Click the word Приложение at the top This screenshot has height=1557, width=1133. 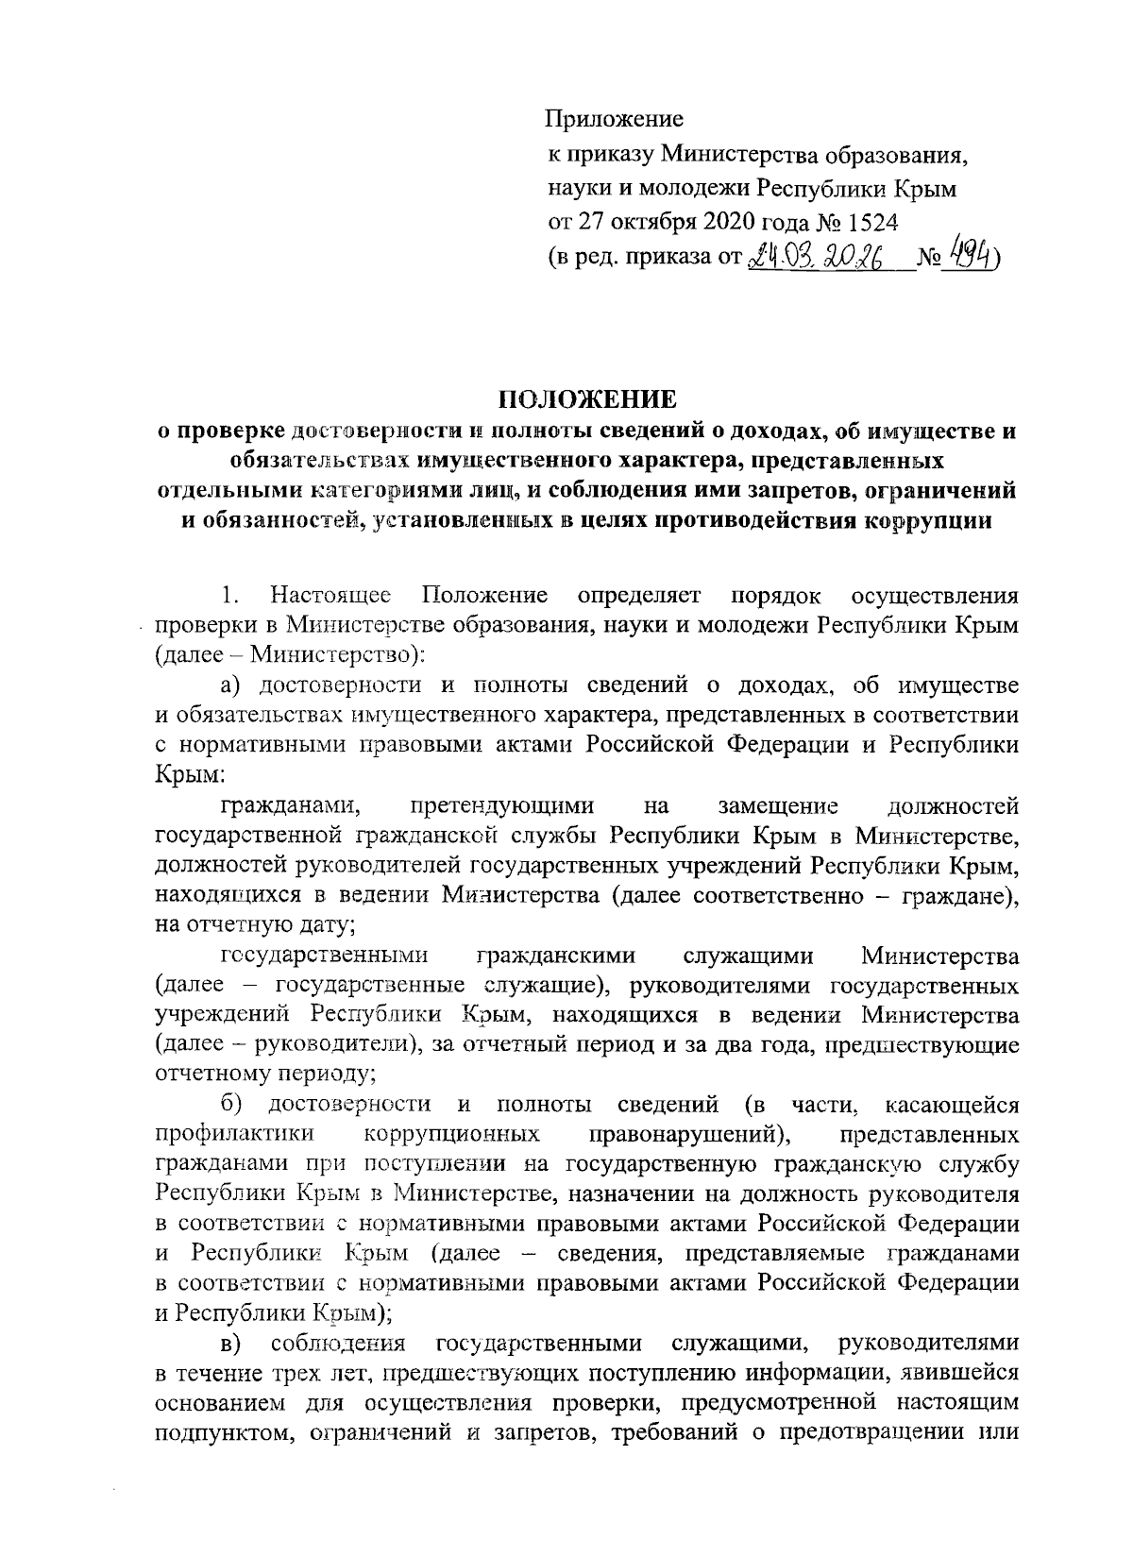[615, 120]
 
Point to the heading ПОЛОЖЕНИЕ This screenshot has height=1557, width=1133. [586, 400]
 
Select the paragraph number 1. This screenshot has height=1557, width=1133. [228, 596]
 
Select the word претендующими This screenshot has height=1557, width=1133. [502, 806]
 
